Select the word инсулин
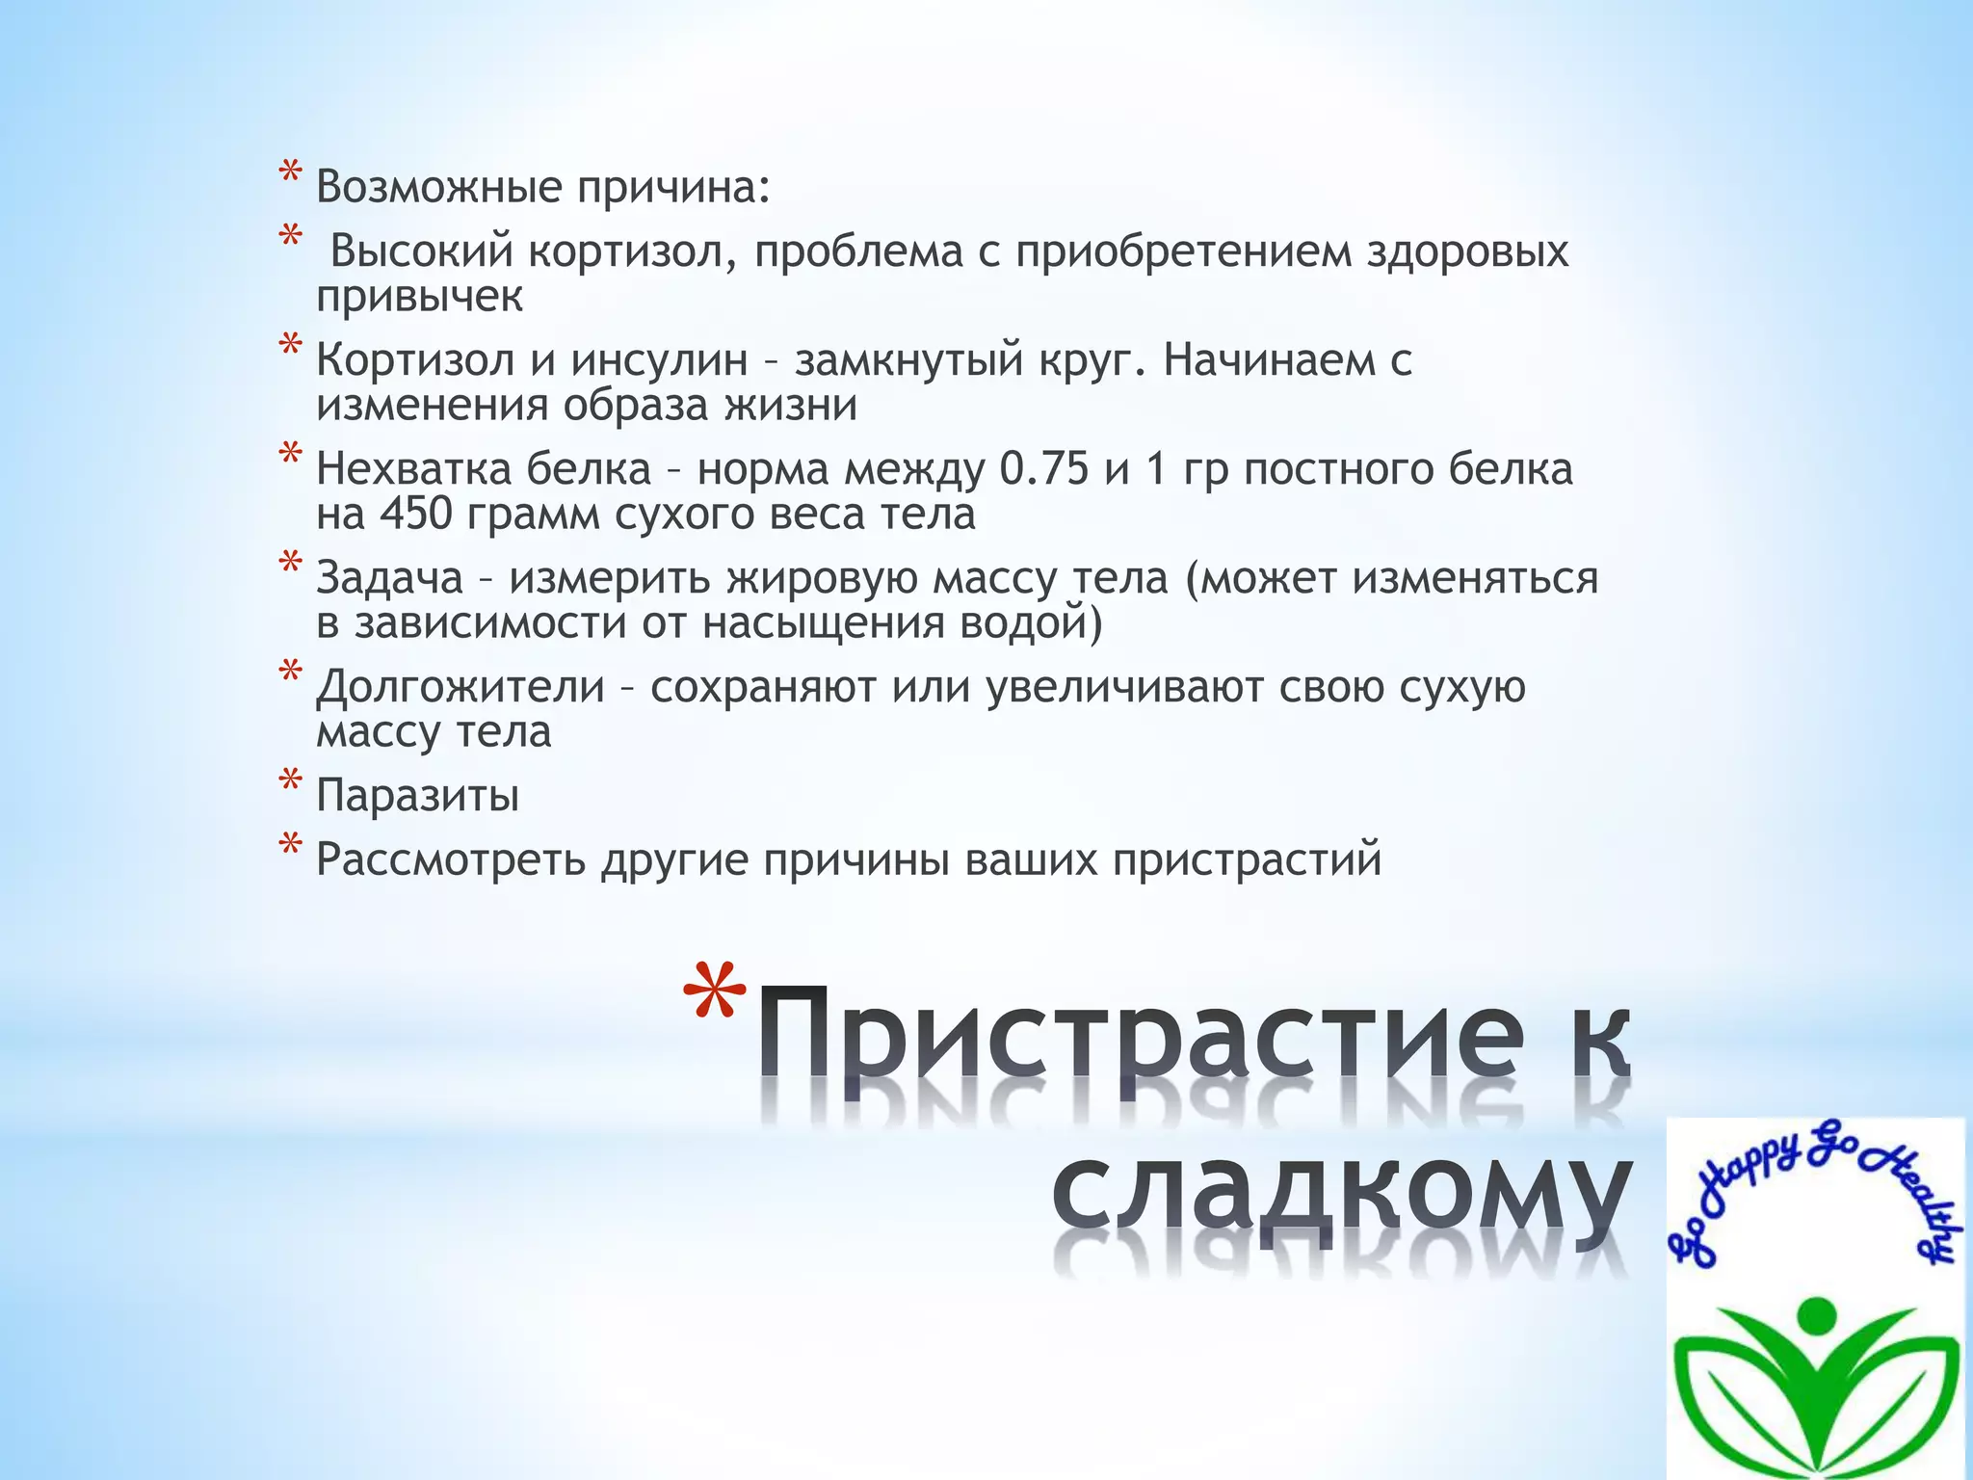659,361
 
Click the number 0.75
1044,470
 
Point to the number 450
416,515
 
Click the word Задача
389,579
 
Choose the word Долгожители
460,688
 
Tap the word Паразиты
417,797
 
